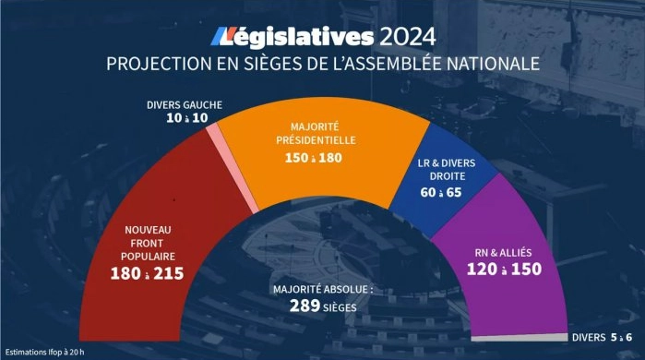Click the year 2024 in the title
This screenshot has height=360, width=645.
coord(405,36)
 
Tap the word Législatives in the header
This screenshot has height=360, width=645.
coord(293,36)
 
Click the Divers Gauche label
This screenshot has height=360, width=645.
coord(185,104)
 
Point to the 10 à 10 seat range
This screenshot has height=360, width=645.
coord(185,118)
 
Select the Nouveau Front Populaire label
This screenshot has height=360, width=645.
coord(148,243)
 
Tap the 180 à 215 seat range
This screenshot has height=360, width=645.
coord(148,275)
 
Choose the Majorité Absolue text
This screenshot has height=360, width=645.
coord(322,289)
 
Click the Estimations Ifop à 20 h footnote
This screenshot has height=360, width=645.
coord(45,352)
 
